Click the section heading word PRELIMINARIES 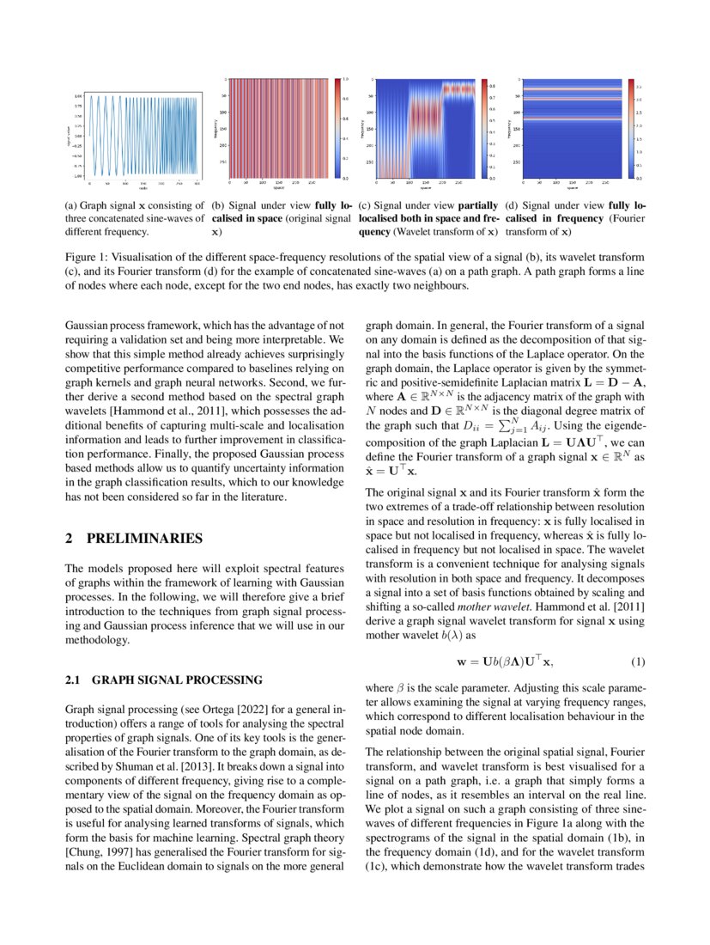point(145,540)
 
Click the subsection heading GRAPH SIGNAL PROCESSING point(177,681)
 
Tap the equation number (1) point(637,662)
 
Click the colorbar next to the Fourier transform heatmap point(631,129)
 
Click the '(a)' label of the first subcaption point(73,206)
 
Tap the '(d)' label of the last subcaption point(513,206)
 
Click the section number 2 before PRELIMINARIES point(70,540)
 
